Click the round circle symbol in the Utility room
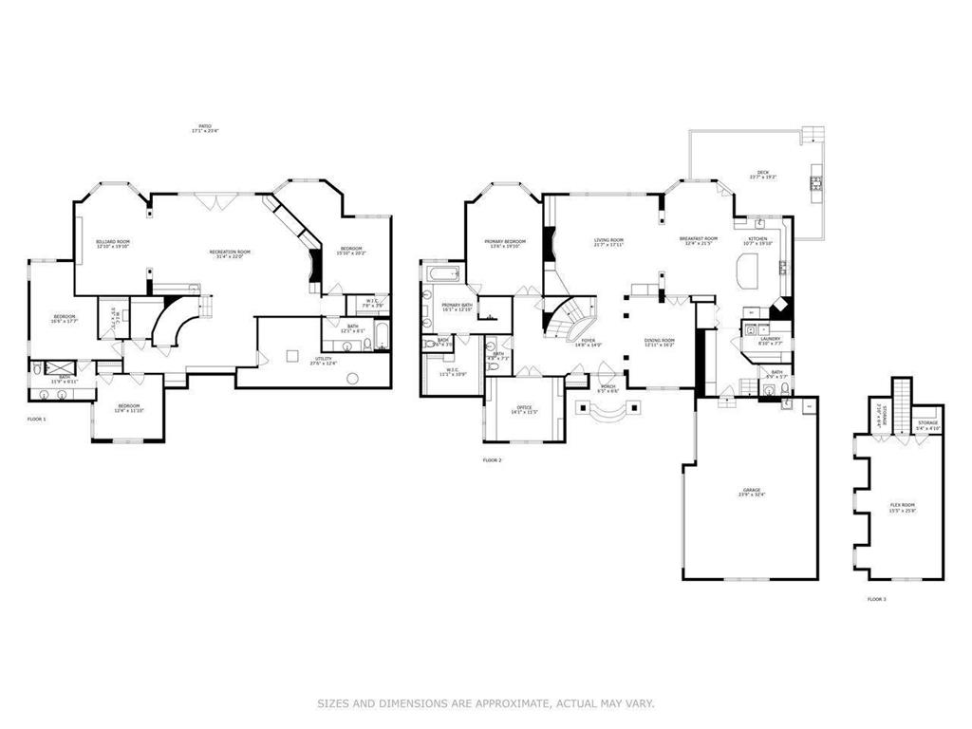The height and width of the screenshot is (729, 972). click(x=352, y=379)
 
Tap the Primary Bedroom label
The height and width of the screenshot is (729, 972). click(x=505, y=243)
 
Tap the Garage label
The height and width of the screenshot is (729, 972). click(x=751, y=492)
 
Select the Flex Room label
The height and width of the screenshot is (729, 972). click(x=902, y=506)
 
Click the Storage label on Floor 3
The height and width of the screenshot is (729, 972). click(x=927, y=424)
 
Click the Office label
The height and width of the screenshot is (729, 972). click(x=525, y=409)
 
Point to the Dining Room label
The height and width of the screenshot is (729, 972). click(x=659, y=342)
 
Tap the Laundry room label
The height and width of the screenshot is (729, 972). click(x=770, y=340)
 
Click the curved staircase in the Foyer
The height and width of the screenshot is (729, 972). click(x=570, y=318)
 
